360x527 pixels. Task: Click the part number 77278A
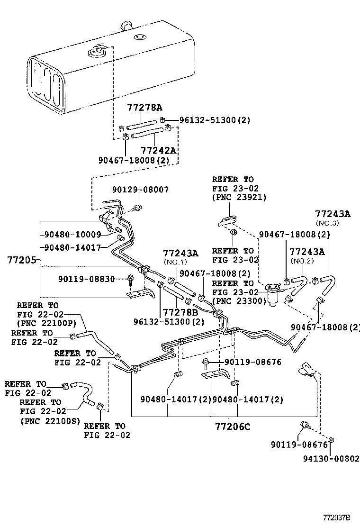(144, 108)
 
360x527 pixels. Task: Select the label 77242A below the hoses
(158, 150)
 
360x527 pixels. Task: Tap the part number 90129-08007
(141, 190)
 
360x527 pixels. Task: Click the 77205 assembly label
(20, 260)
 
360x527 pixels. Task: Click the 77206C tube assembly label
(231, 427)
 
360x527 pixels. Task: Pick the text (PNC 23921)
(239, 197)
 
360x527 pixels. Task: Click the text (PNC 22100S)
(50, 420)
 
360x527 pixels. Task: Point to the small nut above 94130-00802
(331, 441)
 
